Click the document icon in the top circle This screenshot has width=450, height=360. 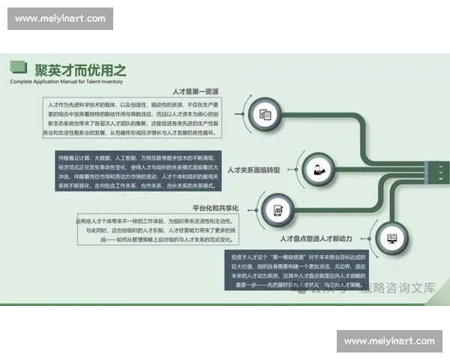click(x=265, y=115)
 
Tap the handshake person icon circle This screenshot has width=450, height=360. click(x=319, y=169)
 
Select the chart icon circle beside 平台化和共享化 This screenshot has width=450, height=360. click(x=278, y=210)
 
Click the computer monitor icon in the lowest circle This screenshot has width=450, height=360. click(x=391, y=238)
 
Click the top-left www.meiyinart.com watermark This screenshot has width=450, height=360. click(x=60, y=18)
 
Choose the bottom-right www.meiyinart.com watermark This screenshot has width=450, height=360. click(x=389, y=341)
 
